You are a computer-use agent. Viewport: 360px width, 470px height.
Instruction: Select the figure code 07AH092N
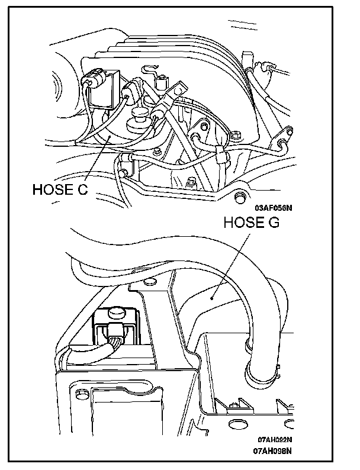(274, 440)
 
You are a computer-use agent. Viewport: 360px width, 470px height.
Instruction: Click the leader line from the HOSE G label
(231, 266)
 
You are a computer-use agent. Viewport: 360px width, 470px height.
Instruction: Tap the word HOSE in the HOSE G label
(241, 223)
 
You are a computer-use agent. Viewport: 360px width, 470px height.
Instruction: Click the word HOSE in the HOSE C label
(50, 190)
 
